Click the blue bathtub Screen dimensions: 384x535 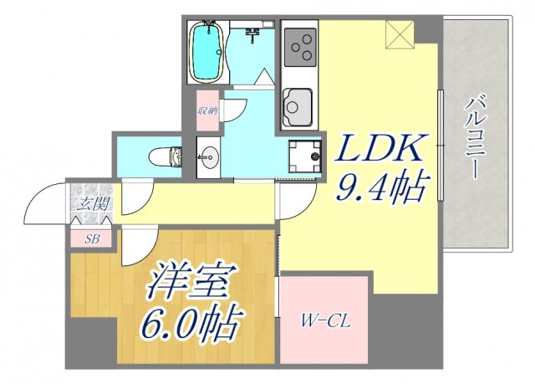pos(206,53)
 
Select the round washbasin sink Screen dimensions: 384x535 pos(208,156)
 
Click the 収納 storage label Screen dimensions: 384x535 pos(207,111)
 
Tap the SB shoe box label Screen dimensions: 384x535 pos(92,238)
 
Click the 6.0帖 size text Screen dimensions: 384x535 pos(194,320)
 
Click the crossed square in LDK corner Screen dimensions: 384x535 pos(399,33)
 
